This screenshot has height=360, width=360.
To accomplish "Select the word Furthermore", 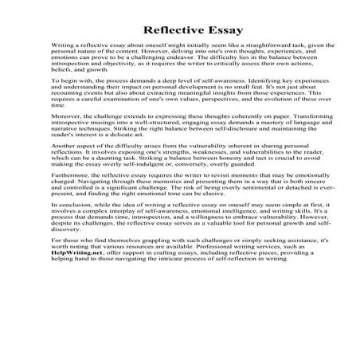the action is coord(72,209).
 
